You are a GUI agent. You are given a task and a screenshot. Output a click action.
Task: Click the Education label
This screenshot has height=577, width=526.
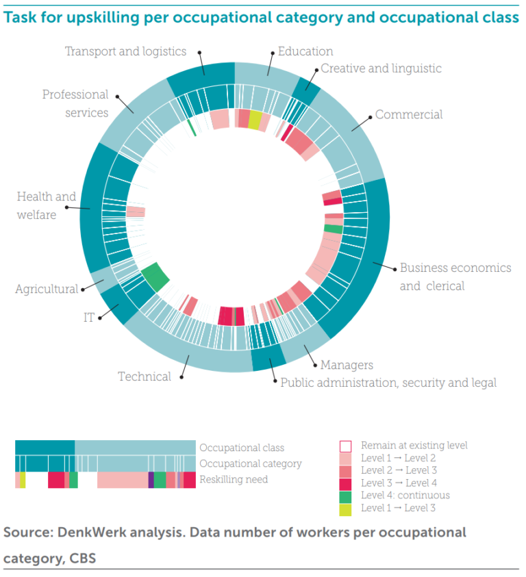tap(305, 51)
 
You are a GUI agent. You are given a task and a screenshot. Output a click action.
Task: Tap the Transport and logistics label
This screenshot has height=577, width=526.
tap(125, 51)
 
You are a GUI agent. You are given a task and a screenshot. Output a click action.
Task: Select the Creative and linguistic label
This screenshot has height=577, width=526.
tap(381, 68)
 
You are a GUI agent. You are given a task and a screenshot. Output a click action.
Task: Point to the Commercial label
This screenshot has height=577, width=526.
tap(409, 115)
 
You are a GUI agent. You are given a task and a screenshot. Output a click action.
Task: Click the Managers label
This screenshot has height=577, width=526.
tap(347, 366)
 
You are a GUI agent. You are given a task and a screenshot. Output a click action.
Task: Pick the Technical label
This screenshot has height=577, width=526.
tap(145, 376)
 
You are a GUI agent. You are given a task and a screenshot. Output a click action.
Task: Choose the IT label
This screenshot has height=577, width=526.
tap(88, 318)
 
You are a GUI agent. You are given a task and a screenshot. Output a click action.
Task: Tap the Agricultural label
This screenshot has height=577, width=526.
tap(47, 290)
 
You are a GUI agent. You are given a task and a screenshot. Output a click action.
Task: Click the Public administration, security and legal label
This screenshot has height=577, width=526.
tap(388, 383)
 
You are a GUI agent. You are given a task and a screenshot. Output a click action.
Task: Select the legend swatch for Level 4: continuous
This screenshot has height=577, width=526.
tap(346, 496)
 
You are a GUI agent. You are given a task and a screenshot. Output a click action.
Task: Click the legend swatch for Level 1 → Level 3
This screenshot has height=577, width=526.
tap(346, 508)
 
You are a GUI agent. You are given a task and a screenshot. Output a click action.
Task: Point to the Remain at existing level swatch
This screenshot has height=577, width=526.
tap(346, 446)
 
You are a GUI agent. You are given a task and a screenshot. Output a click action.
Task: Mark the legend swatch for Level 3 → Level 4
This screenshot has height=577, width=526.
tap(346, 483)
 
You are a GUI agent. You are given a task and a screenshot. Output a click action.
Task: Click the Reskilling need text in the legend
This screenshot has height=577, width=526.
tap(233, 480)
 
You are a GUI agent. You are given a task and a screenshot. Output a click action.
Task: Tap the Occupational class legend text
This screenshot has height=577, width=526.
tap(241, 448)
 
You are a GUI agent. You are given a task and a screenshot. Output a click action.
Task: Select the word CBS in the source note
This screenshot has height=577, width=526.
tap(82, 559)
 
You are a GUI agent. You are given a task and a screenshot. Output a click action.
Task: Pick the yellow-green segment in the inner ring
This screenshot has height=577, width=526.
tap(255, 120)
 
